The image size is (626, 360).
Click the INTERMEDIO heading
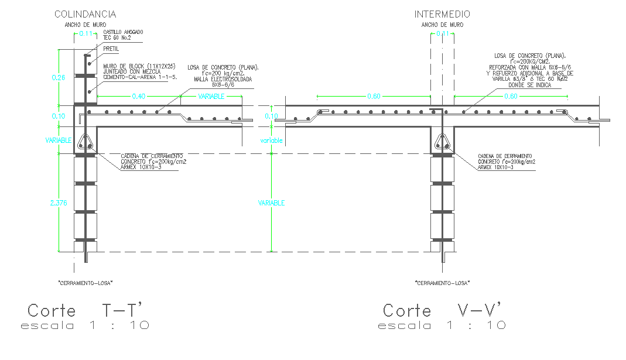[x=442, y=14]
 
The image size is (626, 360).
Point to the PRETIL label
[x=111, y=50]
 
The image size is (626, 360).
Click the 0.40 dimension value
[x=139, y=97]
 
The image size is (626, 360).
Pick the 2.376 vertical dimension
[x=59, y=203]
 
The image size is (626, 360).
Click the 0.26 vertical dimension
[x=59, y=77]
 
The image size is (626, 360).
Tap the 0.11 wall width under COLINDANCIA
[x=85, y=35]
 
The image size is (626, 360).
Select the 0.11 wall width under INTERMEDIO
[x=442, y=35]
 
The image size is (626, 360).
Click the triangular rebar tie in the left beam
[x=85, y=141]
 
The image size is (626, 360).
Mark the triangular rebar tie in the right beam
[x=442, y=141]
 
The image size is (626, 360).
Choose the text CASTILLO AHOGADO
[x=123, y=32]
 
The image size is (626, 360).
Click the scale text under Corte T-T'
[x=85, y=325]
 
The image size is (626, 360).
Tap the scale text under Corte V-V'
[x=442, y=325]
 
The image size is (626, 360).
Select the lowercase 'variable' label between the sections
[x=272, y=141]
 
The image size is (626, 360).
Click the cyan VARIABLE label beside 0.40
[x=211, y=97]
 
